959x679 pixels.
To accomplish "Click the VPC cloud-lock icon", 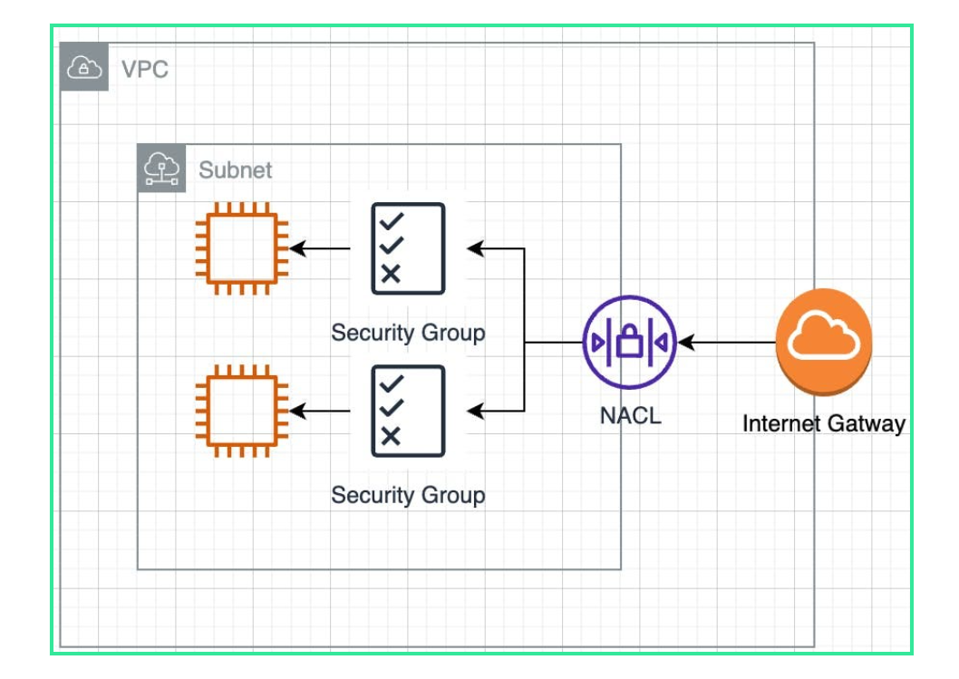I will pos(84,68).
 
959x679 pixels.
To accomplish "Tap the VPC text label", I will pos(145,69).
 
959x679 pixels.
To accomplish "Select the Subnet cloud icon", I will pos(161,169).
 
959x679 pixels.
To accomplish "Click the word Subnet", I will pos(236,170).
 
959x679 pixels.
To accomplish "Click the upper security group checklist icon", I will pos(408,247).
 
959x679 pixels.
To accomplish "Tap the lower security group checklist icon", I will pos(408,412).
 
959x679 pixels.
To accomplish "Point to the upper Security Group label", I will pos(408,333).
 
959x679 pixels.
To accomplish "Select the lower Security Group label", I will pos(408,495).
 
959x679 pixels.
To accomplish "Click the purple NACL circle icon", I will pos(630,343).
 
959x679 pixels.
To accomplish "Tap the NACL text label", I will pos(630,416).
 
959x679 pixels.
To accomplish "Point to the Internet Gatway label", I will pos(824,423).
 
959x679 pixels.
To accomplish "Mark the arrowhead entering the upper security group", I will pos(475,248).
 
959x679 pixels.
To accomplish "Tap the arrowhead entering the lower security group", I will pos(475,412).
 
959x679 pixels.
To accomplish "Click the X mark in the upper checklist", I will pos(391,274).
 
